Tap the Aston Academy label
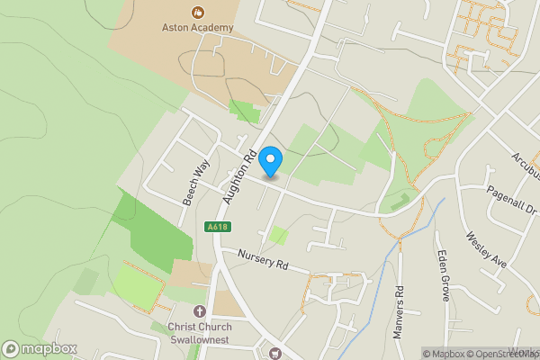pyautogui.click(x=197, y=27)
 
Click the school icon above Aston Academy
pyautogui.click(x=197, y=13)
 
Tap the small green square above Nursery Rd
pyautogui.click(x=279, y=235)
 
